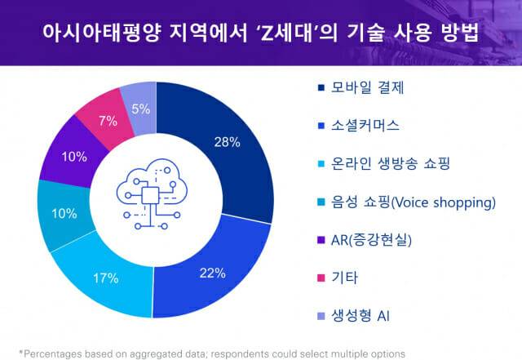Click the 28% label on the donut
click(227, 142)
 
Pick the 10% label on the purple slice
click(74, 156)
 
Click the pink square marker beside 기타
click(319, 278)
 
